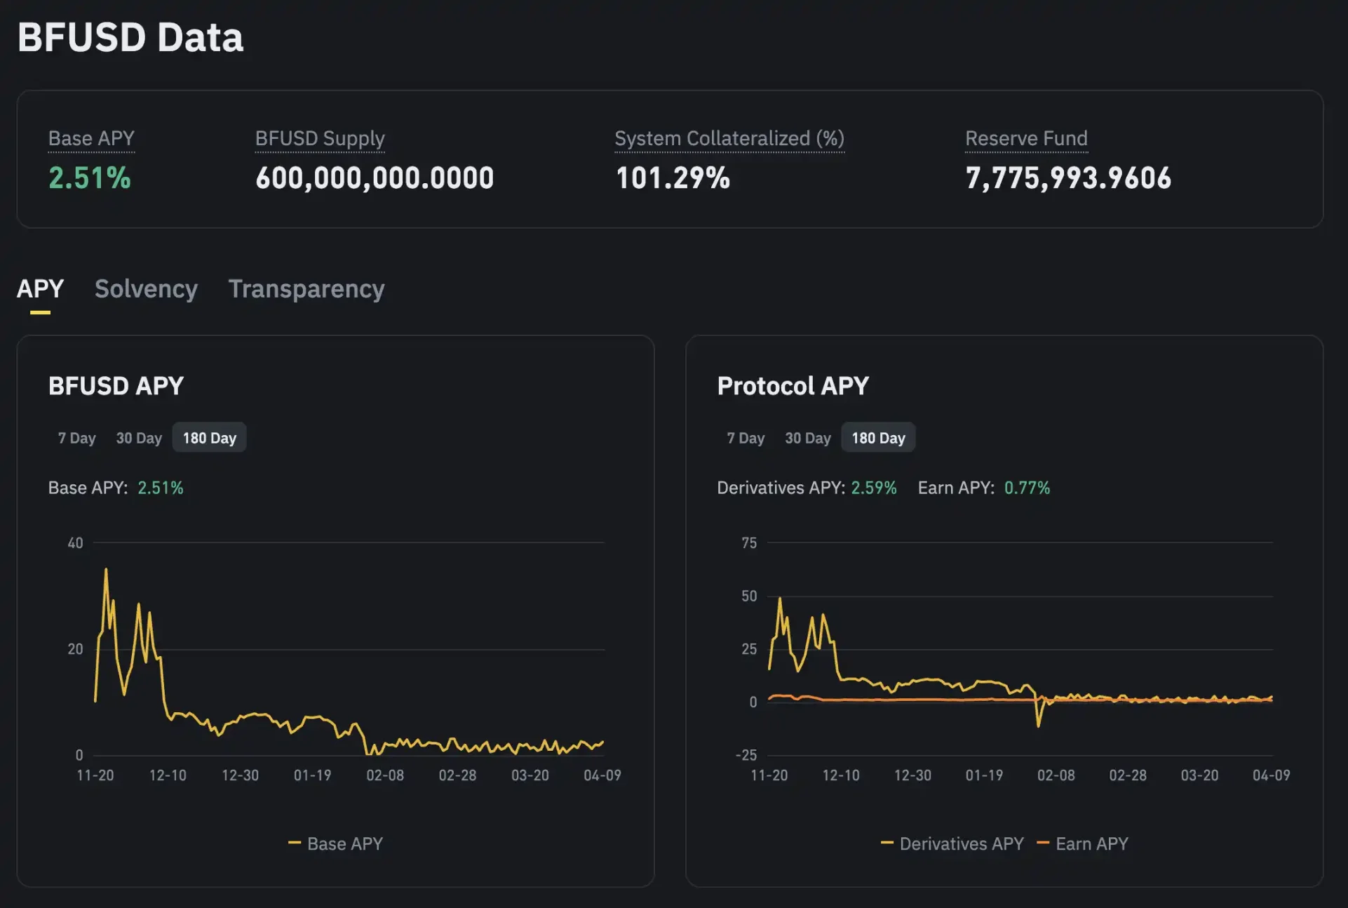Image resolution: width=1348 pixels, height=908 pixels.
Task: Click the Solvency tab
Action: (146, 289)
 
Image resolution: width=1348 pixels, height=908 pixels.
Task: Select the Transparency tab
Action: (306, 289)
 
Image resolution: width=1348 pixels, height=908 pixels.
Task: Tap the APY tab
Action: (40, 289)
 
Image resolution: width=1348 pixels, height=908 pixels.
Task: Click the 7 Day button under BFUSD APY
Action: (76, 438)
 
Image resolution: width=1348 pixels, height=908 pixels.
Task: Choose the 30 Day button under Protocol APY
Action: (807, 438)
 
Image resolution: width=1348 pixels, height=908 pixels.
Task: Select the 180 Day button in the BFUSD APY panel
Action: (209, 438)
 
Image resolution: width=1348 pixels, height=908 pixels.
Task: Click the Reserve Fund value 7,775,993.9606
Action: (1067, 178)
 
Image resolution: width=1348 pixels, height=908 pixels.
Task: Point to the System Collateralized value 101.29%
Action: (673, 178)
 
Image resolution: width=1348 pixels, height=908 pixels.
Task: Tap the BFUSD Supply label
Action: (320, 138)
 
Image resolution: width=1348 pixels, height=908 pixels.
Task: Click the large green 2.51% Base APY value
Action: (90, 178)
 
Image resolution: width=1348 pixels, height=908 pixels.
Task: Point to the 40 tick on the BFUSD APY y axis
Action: (75, 542)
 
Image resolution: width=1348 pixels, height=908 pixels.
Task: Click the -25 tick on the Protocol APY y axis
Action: (746, 755)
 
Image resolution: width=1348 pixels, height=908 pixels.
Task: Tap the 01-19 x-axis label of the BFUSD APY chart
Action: (312, 775)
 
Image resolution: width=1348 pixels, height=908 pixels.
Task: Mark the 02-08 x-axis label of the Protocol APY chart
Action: (1056, 775)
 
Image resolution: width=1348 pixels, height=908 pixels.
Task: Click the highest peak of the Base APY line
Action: (106, 570)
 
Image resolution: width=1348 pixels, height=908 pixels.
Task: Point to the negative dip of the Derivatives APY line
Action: (1038, 725)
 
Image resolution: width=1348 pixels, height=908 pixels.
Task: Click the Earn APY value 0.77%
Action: (1027, 488)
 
